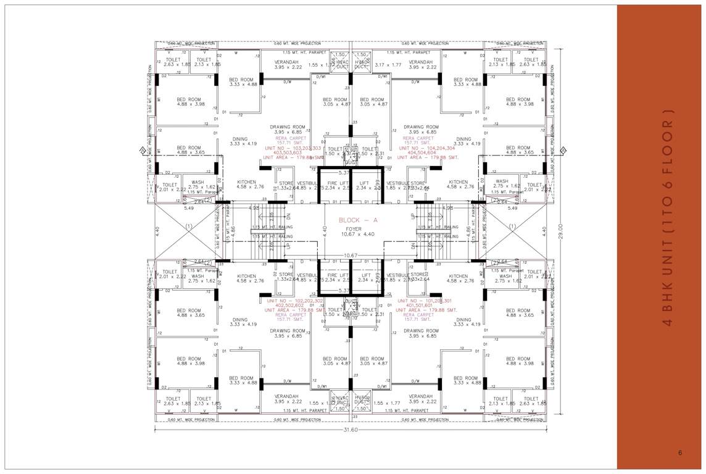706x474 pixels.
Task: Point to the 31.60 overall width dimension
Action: [x=349, y=430]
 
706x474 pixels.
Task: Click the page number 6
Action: [x=679, y=453]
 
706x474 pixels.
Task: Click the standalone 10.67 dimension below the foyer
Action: [x=351, y=255]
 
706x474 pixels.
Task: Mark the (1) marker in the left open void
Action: [x=188, y=227]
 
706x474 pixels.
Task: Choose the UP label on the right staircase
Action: [x=413, y=217]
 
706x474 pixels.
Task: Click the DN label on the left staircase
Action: [x=287, y=217]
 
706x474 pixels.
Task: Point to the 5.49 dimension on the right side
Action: [x=512, y=208]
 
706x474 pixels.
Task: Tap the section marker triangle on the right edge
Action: [x=563, y=150]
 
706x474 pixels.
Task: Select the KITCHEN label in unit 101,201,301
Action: [x=458, y=276]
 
